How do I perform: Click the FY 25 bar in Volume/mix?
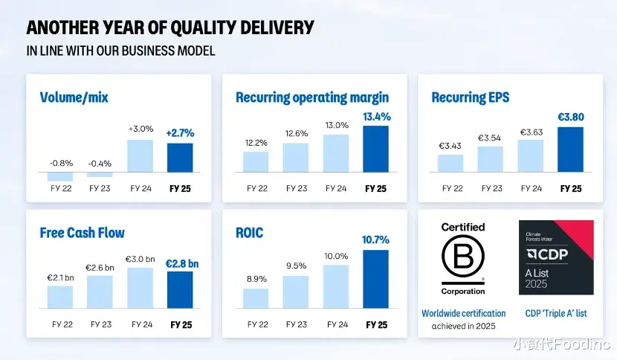click(180, 157)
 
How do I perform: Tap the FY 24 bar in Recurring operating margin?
click(336, 153)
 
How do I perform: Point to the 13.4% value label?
click(376, 117)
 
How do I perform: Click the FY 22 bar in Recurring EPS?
click(450, 163)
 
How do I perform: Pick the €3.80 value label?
click(571, 117)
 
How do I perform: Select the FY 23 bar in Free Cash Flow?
click(100, 292)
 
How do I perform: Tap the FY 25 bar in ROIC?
click(376, 279)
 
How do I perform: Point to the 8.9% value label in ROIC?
click(256, 278)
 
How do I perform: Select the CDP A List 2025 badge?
click(556, 257)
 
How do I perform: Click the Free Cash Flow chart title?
click(82, 233)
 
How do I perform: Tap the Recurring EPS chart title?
click(471, 97)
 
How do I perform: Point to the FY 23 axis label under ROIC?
click(296, 324)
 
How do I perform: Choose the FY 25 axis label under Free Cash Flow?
click(181, 324)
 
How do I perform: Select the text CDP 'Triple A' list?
click(556, 313)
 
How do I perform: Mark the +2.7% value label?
click(180, 133)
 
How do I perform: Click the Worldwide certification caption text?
click(463, 313)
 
